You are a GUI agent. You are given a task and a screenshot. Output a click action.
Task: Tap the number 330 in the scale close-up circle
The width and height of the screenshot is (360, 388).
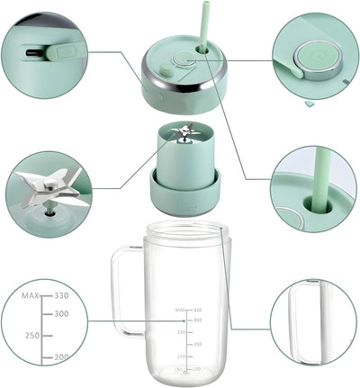point(60,294)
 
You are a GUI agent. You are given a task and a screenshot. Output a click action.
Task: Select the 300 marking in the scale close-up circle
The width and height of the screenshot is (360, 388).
point(61,313)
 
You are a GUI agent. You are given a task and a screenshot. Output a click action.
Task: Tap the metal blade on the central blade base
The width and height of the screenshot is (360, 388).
point(184,134)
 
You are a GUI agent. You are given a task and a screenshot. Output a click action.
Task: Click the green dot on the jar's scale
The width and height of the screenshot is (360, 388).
point(184,320)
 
